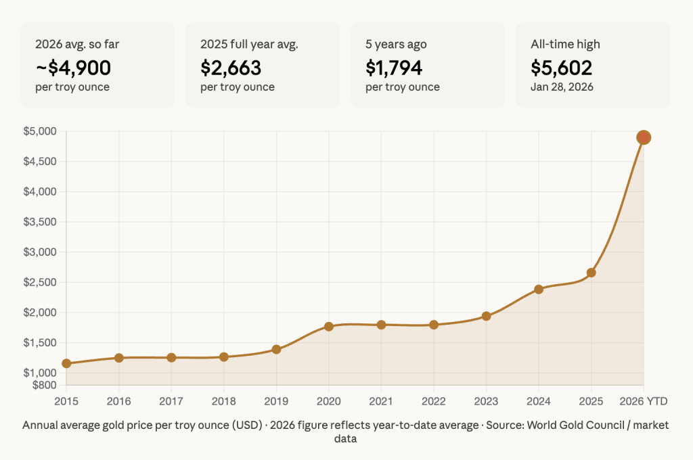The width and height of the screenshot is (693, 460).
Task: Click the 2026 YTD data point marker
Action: point(644,137)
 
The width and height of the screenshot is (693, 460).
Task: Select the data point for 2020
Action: point(329,326)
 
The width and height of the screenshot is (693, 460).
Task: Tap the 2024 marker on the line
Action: point(539,289)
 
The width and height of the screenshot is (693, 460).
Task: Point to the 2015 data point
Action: point(66,363)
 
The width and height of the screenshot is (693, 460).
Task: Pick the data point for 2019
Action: point(276,349)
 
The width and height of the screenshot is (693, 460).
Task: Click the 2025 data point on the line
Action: point(591,273)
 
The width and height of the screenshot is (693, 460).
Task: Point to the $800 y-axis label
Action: point(44,385)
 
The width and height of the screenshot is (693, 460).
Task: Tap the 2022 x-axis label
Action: point(433,401)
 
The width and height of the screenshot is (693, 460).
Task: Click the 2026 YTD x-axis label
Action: point(644,401)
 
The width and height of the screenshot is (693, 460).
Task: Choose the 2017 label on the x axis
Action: point(171,401)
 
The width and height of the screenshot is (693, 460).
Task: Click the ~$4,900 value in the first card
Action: point(73,68)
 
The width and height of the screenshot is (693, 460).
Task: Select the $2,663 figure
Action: point(231,68)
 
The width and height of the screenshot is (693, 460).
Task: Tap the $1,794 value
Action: point(394,68)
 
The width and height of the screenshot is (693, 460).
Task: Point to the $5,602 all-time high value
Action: point(562,68)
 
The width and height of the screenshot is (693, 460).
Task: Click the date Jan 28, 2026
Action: point(562,87)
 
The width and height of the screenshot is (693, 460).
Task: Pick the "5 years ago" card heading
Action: point(396,45)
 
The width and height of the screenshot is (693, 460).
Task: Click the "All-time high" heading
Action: point(565,45)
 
